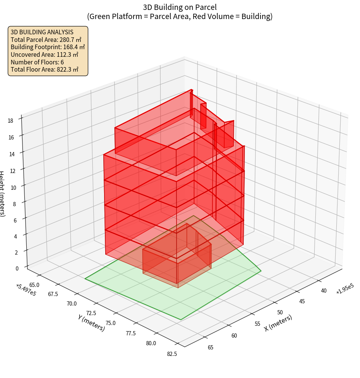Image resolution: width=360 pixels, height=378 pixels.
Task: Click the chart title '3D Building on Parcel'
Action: (x=180, y=7)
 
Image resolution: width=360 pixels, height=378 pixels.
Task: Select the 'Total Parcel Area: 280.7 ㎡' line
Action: (x=46, y=39)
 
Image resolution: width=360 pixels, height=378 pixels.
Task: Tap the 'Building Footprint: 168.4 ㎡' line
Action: (x=48, y=47)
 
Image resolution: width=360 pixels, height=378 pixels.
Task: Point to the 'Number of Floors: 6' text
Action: (x=37, y=62)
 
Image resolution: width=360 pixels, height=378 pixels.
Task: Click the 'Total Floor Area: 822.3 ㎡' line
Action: (x=45, y=70)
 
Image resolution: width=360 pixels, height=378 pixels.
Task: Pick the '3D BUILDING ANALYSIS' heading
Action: (x=42, y=32)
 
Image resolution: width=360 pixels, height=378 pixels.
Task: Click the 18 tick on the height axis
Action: (x=10, y=120)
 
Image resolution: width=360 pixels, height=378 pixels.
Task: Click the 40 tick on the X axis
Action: (x=324, y=291)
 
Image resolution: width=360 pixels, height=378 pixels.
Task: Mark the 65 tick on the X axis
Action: (x=210, y=347)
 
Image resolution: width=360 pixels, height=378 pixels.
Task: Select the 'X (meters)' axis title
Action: (x=278, y=323)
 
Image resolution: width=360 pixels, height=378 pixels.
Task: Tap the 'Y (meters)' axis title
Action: (x=91, y=322)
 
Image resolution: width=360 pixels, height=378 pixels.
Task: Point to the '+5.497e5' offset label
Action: (x=26, y=290)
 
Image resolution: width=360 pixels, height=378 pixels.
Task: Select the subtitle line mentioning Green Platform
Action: (x=180, y=16)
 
